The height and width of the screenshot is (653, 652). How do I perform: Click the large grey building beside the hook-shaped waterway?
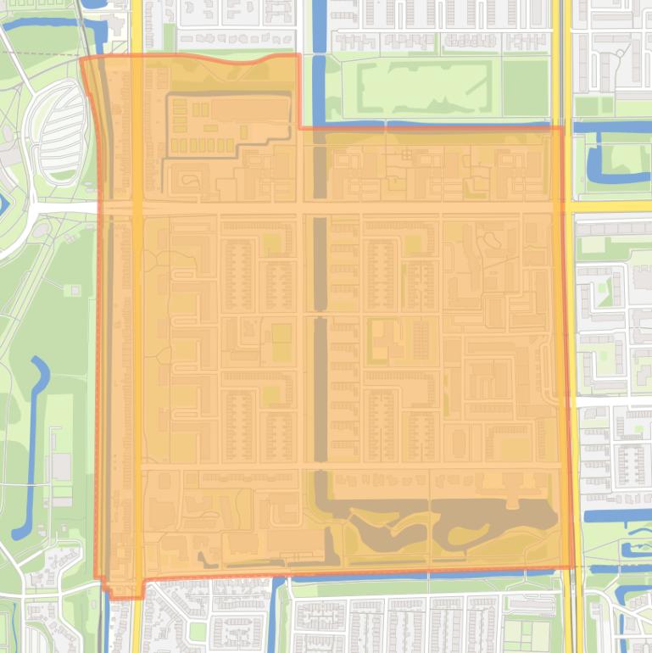click(x=61, y=467)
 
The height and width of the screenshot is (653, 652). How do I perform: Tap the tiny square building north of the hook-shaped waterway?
click(x=75, y=290)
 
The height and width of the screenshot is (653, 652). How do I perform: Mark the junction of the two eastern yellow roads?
click(x=560, y=206)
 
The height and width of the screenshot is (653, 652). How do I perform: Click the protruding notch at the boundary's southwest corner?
click(x=123, y=589)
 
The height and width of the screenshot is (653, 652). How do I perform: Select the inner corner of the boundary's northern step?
click(x=300, y=128)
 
